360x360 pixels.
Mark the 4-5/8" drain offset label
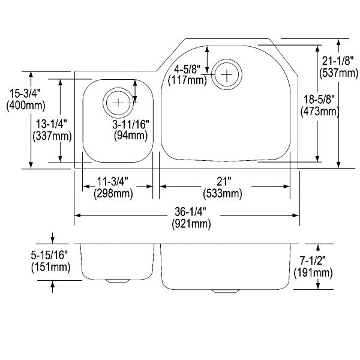(187, 67)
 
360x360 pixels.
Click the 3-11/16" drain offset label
(131, 124)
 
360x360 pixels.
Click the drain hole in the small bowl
(118, 102)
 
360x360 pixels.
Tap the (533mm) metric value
(224, 194)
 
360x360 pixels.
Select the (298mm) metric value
(114, 194)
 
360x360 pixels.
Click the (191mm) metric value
(313, 273)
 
